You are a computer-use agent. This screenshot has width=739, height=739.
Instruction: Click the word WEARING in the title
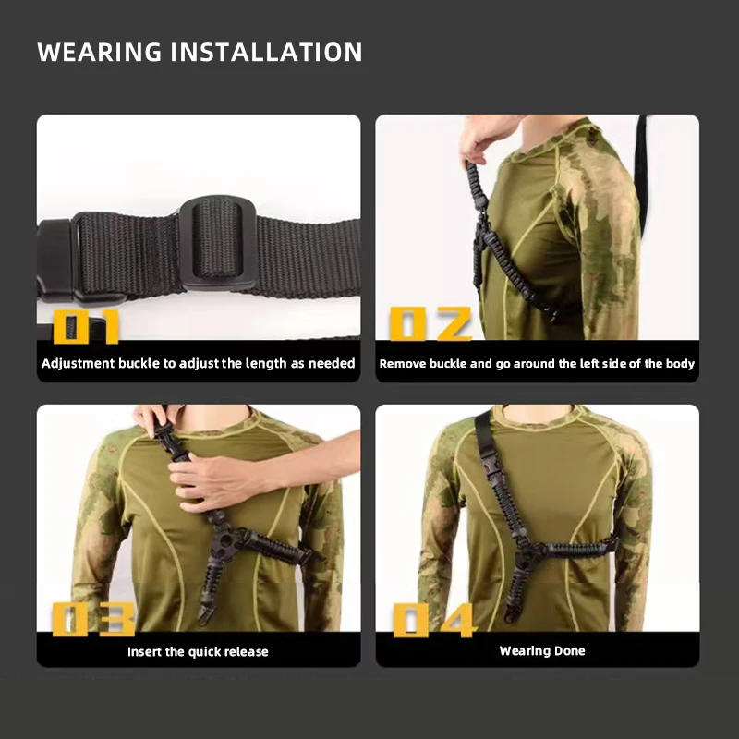[100, 52]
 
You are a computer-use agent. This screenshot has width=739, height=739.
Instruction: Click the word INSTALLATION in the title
[266, 52]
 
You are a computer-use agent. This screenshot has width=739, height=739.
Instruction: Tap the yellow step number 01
[86, 326]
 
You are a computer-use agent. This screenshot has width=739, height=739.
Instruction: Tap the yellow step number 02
[430, 323]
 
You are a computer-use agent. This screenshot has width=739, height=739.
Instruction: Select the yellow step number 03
[94, 619]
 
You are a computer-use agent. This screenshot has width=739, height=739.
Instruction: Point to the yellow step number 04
[433, 620]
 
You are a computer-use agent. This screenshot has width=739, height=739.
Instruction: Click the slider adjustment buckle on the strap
[218, 243]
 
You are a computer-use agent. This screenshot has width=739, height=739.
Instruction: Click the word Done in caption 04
[569, 651]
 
